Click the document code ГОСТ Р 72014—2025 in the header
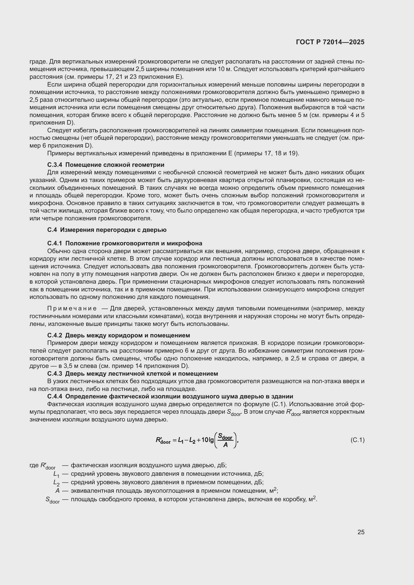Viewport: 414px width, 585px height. click(x=330, y=42)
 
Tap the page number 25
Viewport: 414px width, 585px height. click(x=361, y=532)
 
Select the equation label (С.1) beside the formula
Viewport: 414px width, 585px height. click(x=357, y=440)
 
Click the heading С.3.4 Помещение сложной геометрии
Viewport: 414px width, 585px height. click(x=106, y=165)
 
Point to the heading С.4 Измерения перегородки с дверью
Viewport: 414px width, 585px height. click(x=107, y=230)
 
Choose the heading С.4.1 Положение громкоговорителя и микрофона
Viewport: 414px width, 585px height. click(x=125, y=243)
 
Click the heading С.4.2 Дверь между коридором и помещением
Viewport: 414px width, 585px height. click(x=119, y=335)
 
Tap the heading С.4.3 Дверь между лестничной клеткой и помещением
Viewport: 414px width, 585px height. click(x=133, y=373)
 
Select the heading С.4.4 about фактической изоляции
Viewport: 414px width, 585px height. click(x=170, y=396)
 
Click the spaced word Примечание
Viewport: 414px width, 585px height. click(x=72, y=309)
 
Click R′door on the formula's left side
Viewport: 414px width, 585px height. click(x=163, y=440)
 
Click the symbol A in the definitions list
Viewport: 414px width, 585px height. click(x=57, y=491)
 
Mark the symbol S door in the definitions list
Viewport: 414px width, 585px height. click(x=53, y=500)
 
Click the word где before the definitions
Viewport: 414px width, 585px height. click(x=34, y=465)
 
